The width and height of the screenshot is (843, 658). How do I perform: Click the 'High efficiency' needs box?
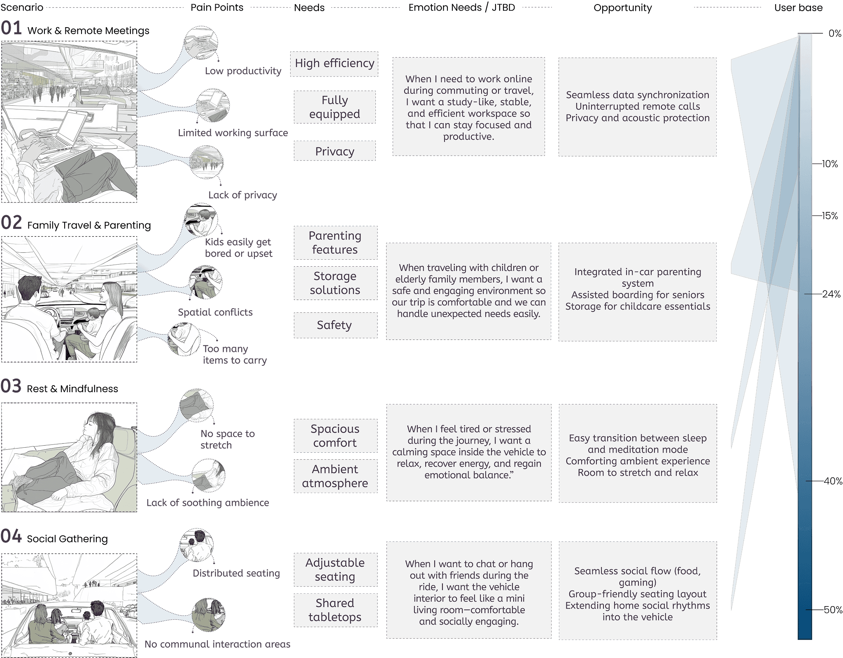[x=334, y=64]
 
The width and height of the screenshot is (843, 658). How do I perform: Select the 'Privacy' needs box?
[x=335, y=151]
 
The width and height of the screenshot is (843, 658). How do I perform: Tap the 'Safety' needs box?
[x=335, y=325]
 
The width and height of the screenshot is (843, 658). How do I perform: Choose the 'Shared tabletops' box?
[x=335, y=610]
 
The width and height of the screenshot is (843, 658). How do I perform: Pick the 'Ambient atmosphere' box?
[x=335, y=476]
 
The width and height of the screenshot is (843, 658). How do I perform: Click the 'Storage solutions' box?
[x=335, y=283]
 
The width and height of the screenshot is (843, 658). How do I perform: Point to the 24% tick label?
[x=831, y=294]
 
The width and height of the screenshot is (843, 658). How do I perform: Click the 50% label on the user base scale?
[x=832, y=610]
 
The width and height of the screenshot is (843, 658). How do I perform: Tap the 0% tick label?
[x=835, y=34]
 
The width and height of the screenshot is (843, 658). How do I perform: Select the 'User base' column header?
[x=798, y=8]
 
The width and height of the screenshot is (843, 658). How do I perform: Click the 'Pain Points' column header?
[x=217, y=8]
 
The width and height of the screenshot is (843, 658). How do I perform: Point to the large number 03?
[x=11, y=386]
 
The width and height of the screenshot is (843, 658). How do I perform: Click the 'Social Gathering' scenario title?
[x=67, y=539]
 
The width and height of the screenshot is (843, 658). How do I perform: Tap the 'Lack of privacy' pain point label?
[x=242, y=195]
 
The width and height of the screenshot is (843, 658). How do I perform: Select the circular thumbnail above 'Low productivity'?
[x=201, y=43]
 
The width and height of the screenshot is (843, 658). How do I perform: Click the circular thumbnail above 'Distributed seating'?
[x=197, y=545]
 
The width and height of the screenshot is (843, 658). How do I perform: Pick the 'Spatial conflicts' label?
[x=215, y=312]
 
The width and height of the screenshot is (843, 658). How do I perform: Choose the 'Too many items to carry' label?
[x=234, y=354]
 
